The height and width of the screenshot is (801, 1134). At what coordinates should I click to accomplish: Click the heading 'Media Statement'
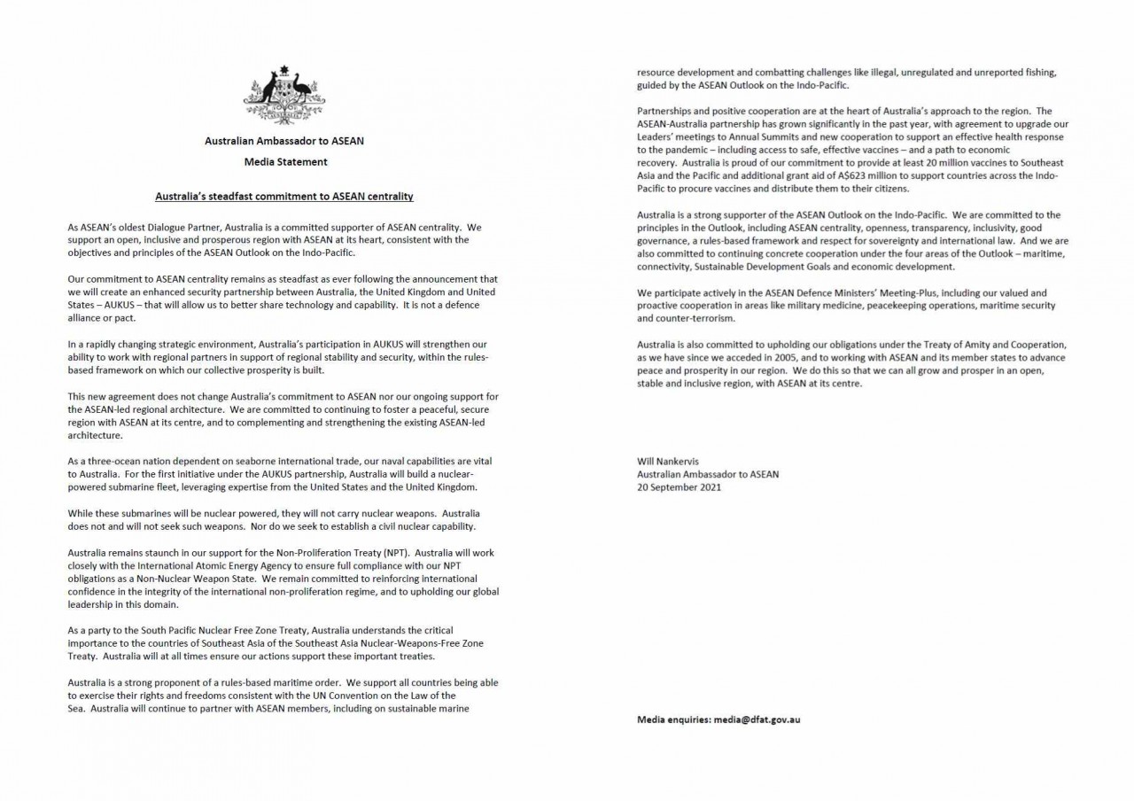pyautogui.click(x=285, y=162)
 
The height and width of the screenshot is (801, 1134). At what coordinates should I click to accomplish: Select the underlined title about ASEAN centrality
pyautogui.click(x=284, y=196)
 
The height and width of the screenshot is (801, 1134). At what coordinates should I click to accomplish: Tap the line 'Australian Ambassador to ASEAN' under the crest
pyautogui.click(x=284, y=141)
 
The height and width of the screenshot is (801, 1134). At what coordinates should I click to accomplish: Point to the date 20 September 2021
pyautogui.click(x=679, y=487)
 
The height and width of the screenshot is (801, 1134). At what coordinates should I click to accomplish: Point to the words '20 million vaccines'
pyautogui.click(x=963, y=164)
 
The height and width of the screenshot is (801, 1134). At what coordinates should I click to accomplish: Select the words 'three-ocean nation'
pyautogui.click(x=123, y=462)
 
